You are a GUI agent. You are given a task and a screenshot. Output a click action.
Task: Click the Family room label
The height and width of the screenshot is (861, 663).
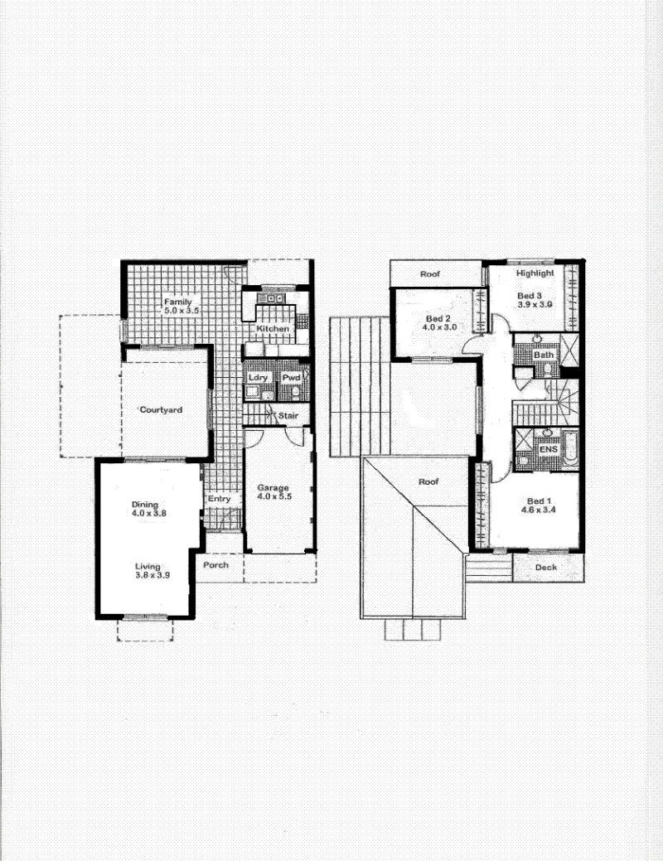tap(177, 302)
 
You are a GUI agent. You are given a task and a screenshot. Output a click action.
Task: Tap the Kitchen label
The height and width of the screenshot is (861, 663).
tap(273, 328)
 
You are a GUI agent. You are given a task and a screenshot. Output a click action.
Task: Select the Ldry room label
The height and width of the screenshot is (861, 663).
tap(258, 378)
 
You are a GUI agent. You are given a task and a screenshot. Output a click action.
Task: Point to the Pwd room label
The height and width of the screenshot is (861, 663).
tap(291, 378)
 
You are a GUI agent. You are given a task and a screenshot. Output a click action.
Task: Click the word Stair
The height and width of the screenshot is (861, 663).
tap(288, 416)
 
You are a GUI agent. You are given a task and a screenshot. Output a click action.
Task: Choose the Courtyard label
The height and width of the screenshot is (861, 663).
tap(161, 409)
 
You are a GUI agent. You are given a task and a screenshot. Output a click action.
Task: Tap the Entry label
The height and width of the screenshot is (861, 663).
tap(219, 499)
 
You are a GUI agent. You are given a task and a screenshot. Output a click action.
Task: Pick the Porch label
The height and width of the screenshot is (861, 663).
tap(215, 564)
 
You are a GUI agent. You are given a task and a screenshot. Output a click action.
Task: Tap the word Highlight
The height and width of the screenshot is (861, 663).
tap(535, 273)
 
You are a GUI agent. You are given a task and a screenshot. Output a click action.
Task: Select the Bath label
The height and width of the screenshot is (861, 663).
tap(544, 355)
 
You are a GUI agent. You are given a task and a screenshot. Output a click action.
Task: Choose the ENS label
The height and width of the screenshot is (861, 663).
tap(548, 449)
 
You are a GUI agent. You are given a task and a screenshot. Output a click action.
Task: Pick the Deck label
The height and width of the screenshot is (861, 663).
tap(546, 567)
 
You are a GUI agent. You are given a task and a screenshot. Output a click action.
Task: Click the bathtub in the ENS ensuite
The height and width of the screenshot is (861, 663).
tap(570, 448)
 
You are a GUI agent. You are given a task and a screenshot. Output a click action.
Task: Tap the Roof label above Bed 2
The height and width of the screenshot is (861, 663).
tap(430, 273)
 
